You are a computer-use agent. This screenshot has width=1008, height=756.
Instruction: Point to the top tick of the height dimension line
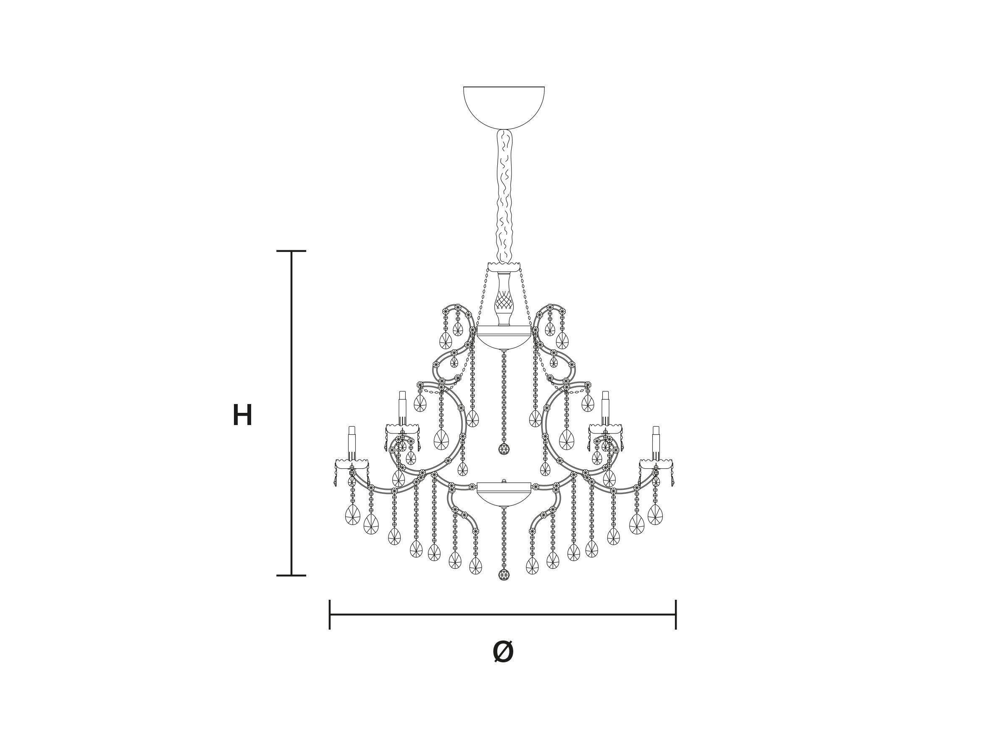point(291,251)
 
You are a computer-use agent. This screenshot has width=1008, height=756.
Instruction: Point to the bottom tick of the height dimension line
point(291,575)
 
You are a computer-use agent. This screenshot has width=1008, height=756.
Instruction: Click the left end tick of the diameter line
point(329,615)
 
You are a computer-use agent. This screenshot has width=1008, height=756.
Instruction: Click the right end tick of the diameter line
point(676,615)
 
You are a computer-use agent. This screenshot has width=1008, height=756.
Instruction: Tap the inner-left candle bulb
point(402,408)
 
